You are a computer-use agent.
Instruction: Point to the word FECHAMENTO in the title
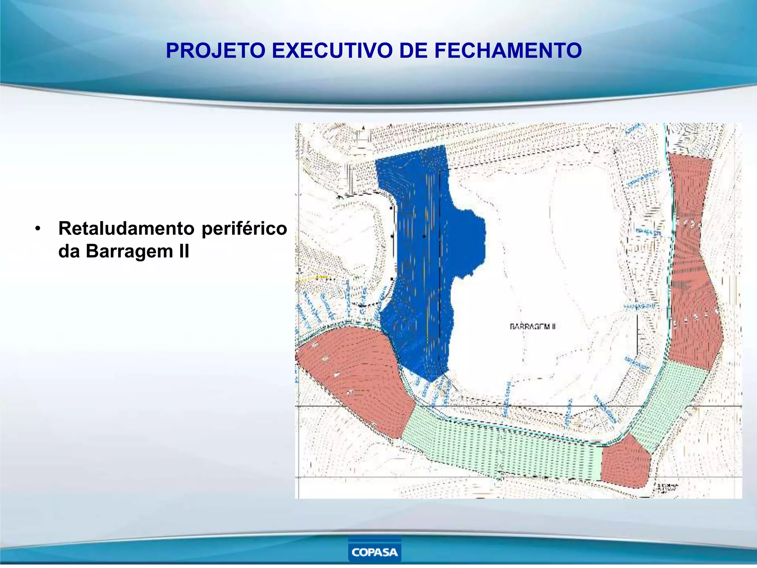[x=508, y=51]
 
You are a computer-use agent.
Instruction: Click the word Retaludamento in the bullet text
[x=126, y=229]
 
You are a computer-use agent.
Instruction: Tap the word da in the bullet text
[x=69, y=251]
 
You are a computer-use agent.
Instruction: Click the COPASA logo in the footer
[x=374, y=552]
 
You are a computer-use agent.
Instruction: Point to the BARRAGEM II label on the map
[x=532, y=327]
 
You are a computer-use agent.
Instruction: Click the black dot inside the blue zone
[x=424, y=236]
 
